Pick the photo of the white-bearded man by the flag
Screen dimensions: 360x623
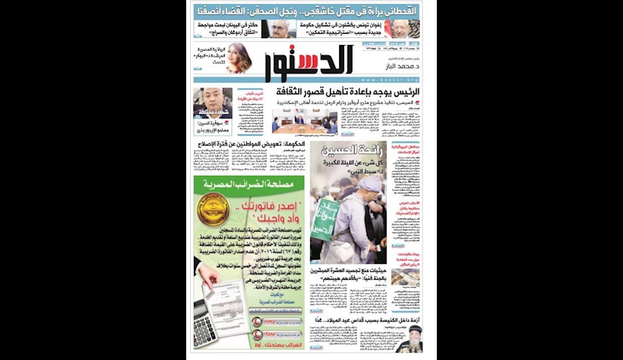click(x=404, y=29)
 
